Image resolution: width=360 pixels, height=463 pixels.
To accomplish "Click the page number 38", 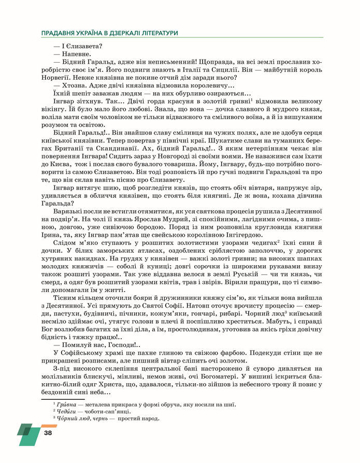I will pos(48,432).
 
